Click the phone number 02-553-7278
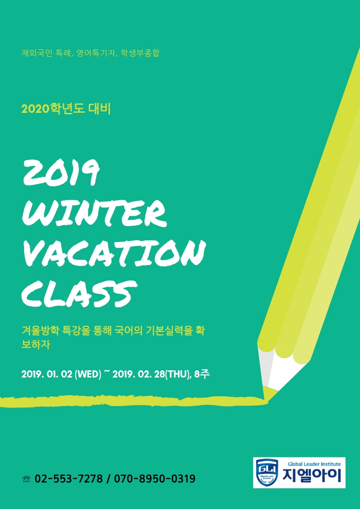(68, 479)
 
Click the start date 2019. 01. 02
(47, 374)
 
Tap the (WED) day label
(88, 374)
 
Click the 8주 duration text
(201, 374)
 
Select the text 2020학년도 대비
(66, 109)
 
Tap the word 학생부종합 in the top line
(140, 53)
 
